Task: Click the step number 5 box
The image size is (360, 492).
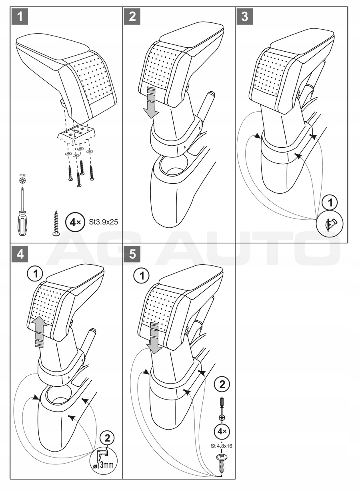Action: (132, 255)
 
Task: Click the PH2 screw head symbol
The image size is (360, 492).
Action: (22, 181)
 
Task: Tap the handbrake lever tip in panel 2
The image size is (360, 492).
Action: (210, 96)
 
